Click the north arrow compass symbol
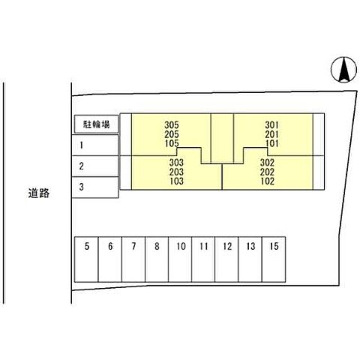click(342, 70)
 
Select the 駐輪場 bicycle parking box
click(96, 124)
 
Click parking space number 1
click(96, 145)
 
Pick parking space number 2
click(96, 166)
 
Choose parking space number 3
click(96, 187)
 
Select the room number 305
click(172, 124)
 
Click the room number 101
click(271, 142)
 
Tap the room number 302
click(267, 162)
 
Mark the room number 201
click(271, 133)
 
